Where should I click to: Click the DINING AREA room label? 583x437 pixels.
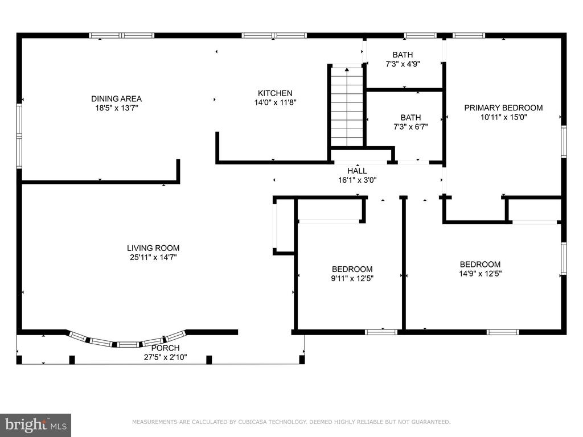pyautogui.click(x=116, y=99)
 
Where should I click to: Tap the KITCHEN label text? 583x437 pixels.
pyautogui.click(x=275, y=93)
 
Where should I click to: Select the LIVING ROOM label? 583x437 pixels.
pyautogui.click(x=153, y=248)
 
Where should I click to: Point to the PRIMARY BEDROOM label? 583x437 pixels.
pyautogui.click(x=503, y=108)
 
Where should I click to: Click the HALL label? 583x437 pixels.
pyautogui.click(x=357, y=171)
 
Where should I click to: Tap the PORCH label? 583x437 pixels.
pyautogui.click(x=166, y=348)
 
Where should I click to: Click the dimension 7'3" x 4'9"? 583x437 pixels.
pyautogui.click(x=403, y=64)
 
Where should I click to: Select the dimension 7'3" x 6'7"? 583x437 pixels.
pyautogui.click(x=410, y=127)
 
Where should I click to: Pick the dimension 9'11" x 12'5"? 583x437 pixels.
pyautogui.click(x=352, y=278)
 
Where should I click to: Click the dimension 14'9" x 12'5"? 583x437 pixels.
pyautogui.click(x=480, y=274)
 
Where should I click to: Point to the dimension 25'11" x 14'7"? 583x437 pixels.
pyautogui.click(x=153, y=258)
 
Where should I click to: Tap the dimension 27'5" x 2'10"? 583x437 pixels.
pyautogui.click(x=166, y=357)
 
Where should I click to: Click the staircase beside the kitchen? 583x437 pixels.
pyautogui.click(x=347, y=107)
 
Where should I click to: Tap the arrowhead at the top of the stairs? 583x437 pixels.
pyautogui.click(x=347, y=69)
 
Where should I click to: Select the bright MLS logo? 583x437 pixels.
pyautogui.click(x=35, y=425)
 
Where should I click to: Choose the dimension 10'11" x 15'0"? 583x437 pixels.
pyautogui.click(x=503, y=117)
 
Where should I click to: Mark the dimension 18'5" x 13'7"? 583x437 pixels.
pyautogui.click(x=116, y=108)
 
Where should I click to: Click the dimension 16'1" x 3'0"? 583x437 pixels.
pyautogui.click(x=357, y=180)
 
